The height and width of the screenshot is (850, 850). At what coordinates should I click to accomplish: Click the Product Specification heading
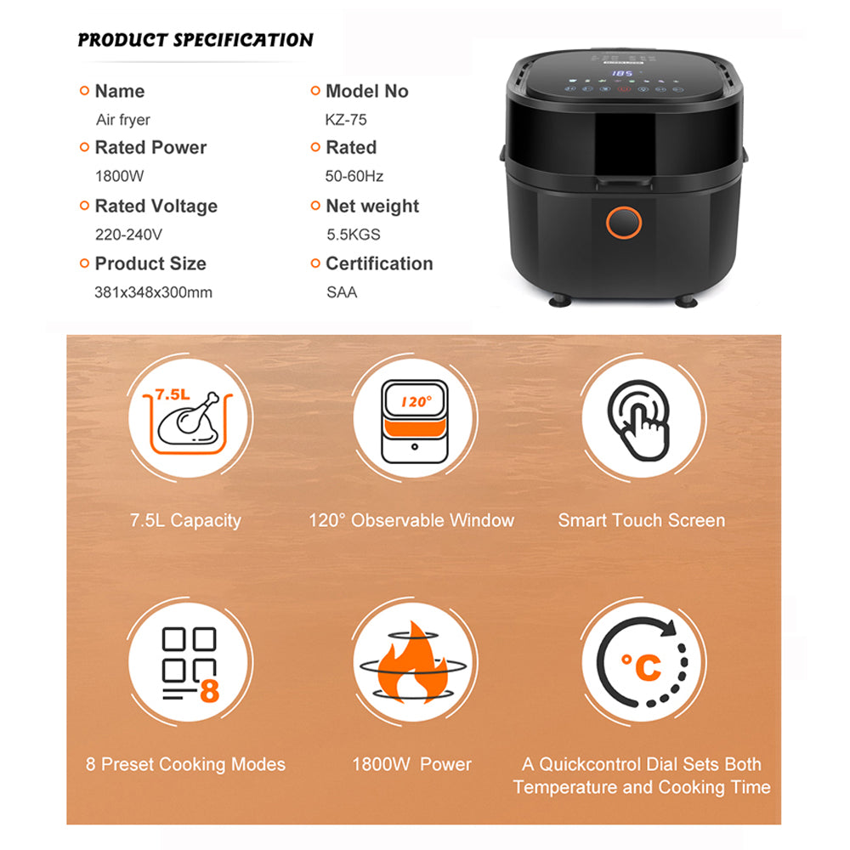[x=195, y=40]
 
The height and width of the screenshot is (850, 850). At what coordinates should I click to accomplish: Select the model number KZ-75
[x=346, y=120]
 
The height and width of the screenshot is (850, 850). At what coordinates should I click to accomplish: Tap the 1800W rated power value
[x=120, y=176]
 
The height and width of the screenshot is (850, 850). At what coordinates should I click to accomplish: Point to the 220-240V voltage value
[x=128, y=235]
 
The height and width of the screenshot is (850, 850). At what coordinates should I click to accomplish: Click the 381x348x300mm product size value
[x=153, y=292]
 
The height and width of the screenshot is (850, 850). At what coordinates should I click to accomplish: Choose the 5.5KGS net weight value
[x=354, y=235]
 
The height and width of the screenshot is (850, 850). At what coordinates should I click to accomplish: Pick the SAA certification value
[x=342, y=292]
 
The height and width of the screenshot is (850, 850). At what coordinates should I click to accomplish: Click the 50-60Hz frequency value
[x=354, y=176]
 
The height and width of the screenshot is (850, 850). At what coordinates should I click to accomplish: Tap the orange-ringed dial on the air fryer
[x=624, y=222]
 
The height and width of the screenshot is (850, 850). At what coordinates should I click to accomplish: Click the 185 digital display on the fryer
[x=622, y=73]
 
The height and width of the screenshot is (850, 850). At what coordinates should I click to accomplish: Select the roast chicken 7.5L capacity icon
[x=188, y=422]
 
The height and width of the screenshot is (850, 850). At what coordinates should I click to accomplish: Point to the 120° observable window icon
[x=415, y=422]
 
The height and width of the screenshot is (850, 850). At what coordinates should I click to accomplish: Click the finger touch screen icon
[x=639, y=420]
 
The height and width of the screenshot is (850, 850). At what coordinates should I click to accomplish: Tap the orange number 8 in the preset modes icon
[x=210, y=691]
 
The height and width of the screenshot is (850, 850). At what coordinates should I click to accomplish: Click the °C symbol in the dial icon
[x=641, y=666]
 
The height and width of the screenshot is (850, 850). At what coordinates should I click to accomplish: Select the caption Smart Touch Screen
[x=641, y=520]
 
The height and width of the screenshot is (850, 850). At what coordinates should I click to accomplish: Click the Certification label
[x=379, y=263]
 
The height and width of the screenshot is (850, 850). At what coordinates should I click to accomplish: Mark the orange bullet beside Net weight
[x=315, y=206]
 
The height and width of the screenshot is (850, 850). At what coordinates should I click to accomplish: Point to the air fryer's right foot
[x=686, y=300]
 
